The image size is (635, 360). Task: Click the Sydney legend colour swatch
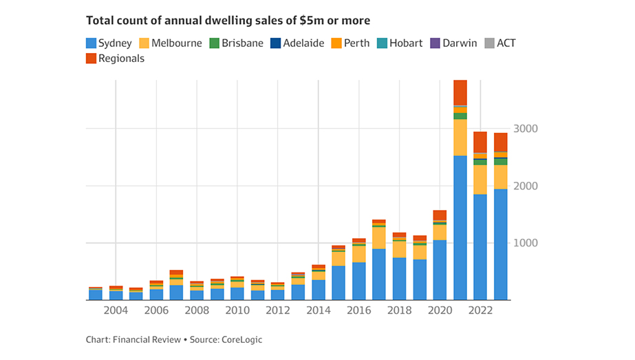[91, 43]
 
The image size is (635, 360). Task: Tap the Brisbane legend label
[242, 43]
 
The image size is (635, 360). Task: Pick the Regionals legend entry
[121, 59]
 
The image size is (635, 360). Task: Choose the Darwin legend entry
[455, 43]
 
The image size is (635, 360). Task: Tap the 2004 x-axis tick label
[116, 311]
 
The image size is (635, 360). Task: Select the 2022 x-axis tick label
[480, 311]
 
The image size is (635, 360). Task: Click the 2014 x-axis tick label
[319, 311]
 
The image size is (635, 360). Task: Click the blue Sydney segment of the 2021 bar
[460, 227]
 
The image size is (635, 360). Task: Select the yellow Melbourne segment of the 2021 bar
[460, 138]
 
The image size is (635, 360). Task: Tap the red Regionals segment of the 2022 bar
[480, 142]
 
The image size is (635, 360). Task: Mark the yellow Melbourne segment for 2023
[501, 177]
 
